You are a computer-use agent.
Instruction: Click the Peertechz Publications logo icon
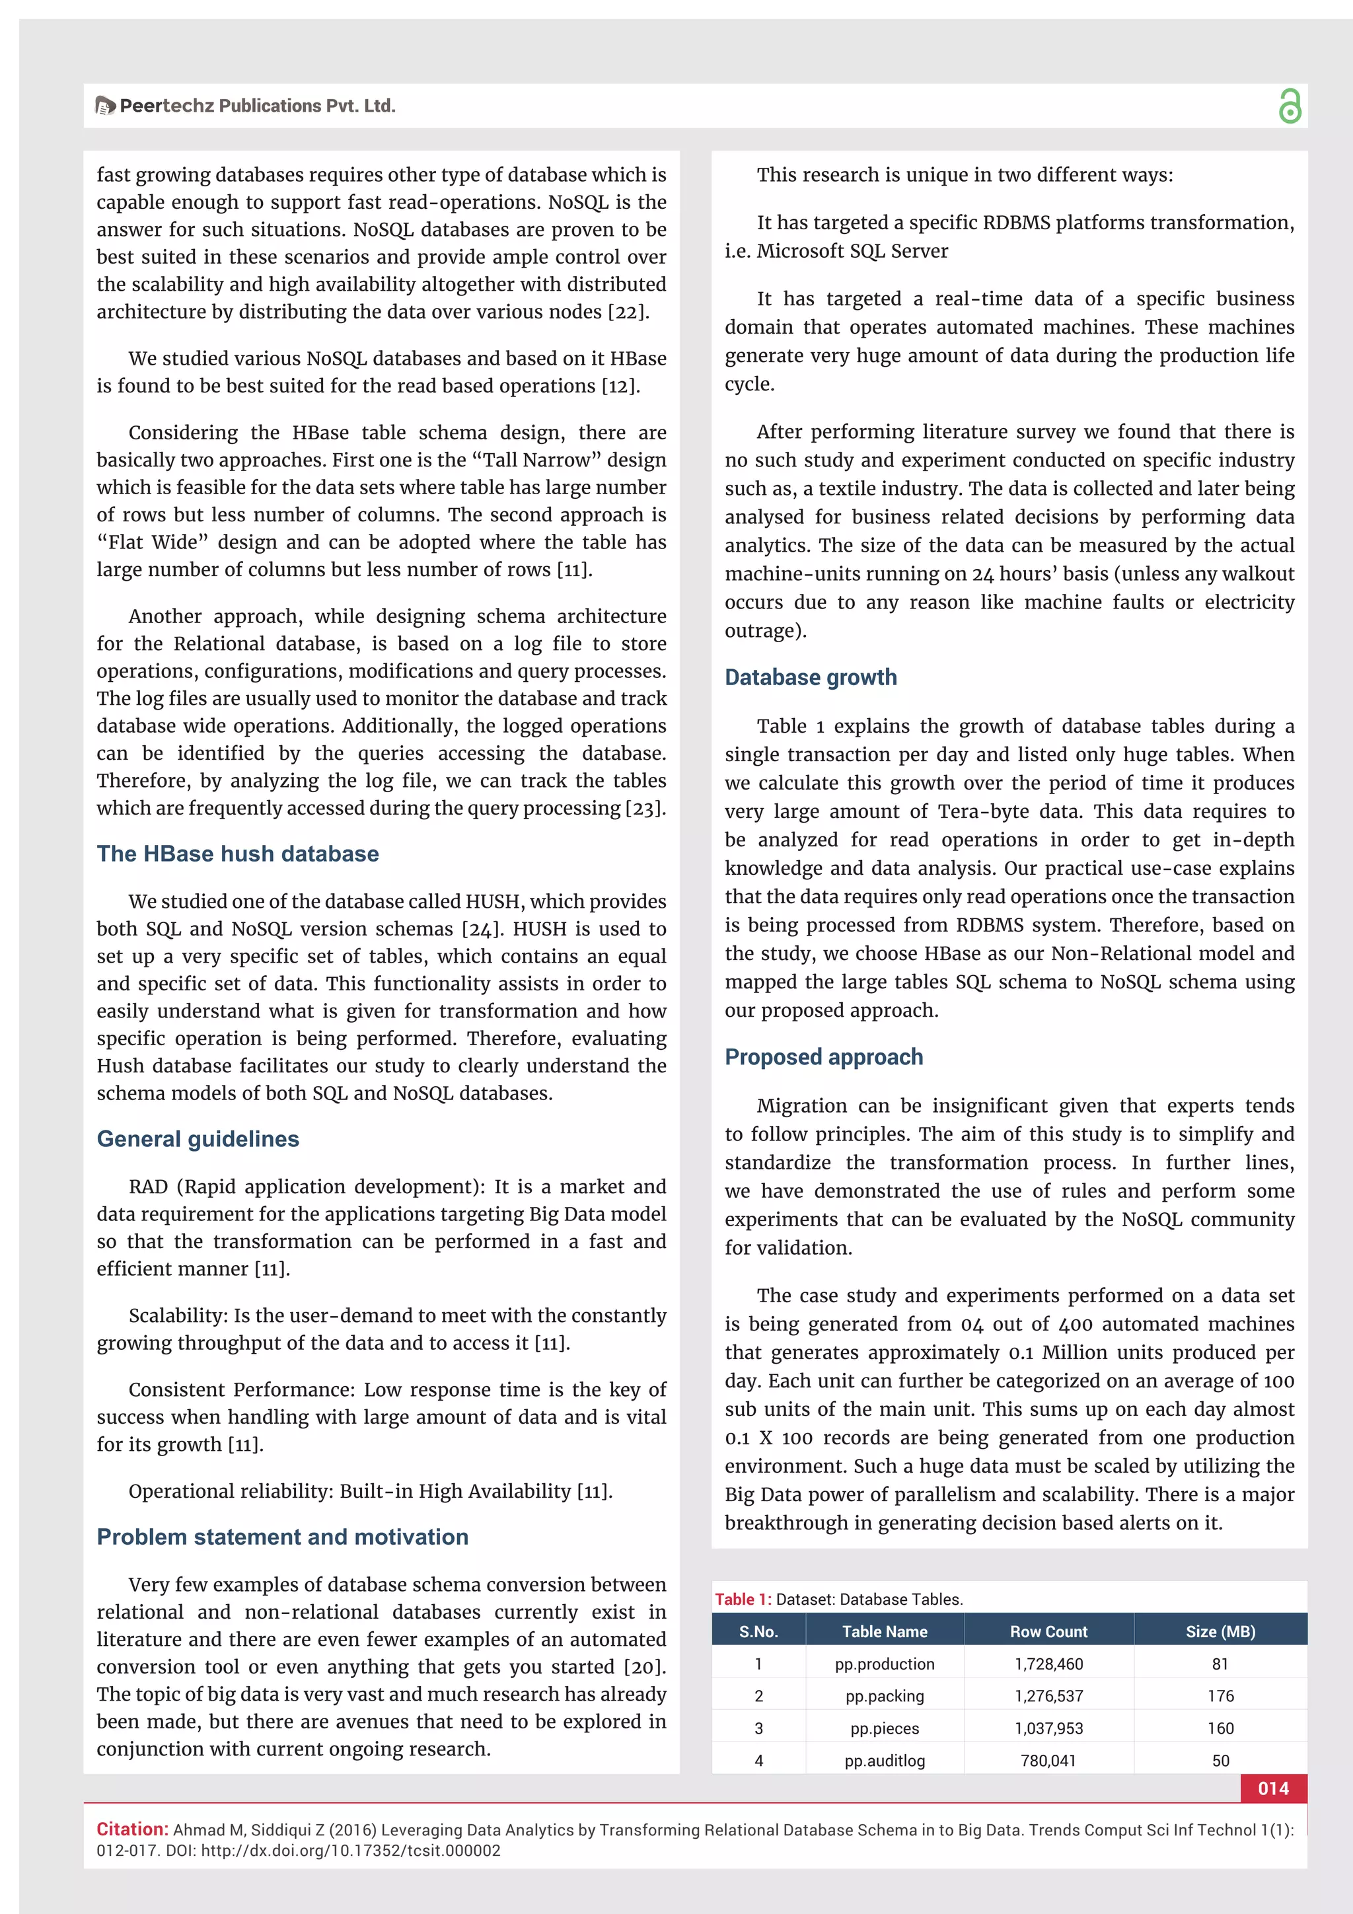click(x=105, y=106)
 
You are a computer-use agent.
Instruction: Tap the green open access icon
click(x=1289, y=106)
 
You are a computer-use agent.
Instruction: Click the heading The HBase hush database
click(x=238, y=854)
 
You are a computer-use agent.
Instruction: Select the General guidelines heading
click(x=198, y=1139)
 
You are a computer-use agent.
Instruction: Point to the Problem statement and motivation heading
click(x=283, y=1536)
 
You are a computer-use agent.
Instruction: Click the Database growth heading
click(x=811, y=677)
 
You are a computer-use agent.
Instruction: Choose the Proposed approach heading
click(x=824, y=1057)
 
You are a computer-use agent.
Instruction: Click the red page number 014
click(x=1273, y=1788)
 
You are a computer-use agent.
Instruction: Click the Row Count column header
click(x=1048, y=1631)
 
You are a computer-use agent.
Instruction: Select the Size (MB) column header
click(x=1220, y=1631)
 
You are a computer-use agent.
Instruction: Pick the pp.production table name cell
click(x=885, y=1664)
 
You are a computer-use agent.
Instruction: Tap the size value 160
click(x=1220, y=1728)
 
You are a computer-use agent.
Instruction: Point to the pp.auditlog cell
click(x=885, y=1761)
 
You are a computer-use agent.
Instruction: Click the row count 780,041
click(x=1048, y=1761)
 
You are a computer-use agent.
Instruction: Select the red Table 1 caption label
click(x=742, y=1599)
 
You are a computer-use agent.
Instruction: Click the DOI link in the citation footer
click(x=350, y=1851)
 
